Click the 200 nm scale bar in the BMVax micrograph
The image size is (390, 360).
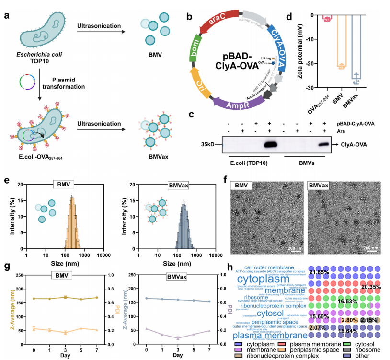[371, 248]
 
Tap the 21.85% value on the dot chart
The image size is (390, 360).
[318, 272]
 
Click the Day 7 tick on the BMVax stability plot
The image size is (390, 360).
[209, 346]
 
